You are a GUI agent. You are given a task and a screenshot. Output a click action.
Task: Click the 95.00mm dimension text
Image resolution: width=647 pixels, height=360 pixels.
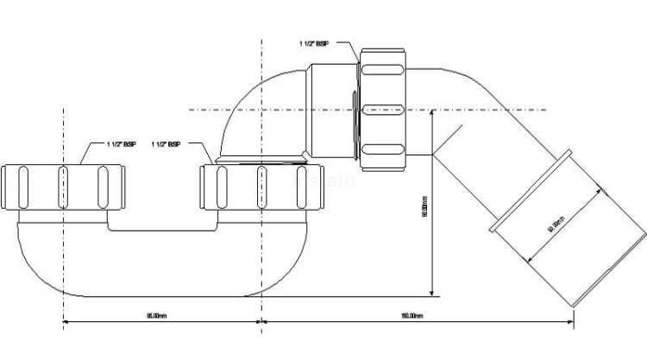coord(157,316)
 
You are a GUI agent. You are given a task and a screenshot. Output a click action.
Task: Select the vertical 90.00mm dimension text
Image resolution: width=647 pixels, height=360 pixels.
coord(424,210)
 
